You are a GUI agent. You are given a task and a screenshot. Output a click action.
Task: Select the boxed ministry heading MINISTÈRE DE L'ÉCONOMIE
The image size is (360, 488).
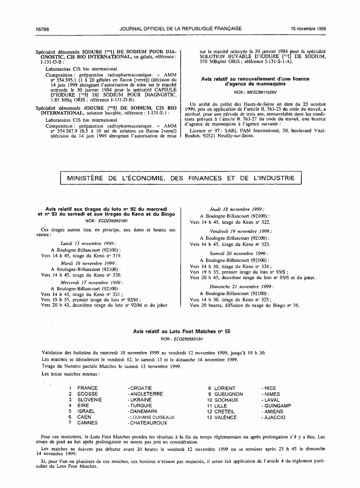(x=180, y=178)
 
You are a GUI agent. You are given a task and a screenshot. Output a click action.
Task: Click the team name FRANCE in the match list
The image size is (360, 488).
(x=88, y=388)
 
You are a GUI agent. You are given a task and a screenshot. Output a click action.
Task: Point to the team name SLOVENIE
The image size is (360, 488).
(x=90, y=400)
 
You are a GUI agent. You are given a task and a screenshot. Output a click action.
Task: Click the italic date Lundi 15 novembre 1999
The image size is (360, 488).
(x=88, y=243)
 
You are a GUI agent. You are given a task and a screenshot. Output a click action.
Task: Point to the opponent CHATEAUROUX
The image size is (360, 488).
(x=148, y=423)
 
